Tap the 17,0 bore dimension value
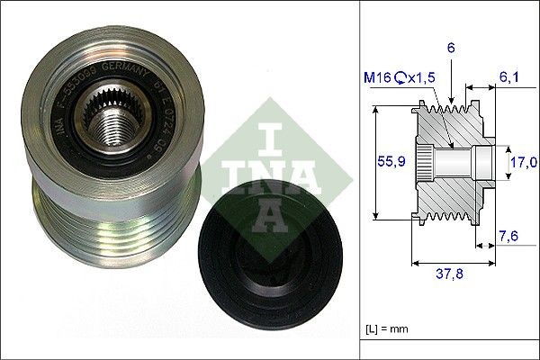pos(523,162)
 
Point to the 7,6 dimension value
pos(508,237)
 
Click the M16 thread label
pos(382,79)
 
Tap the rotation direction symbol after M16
pos(404,79)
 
